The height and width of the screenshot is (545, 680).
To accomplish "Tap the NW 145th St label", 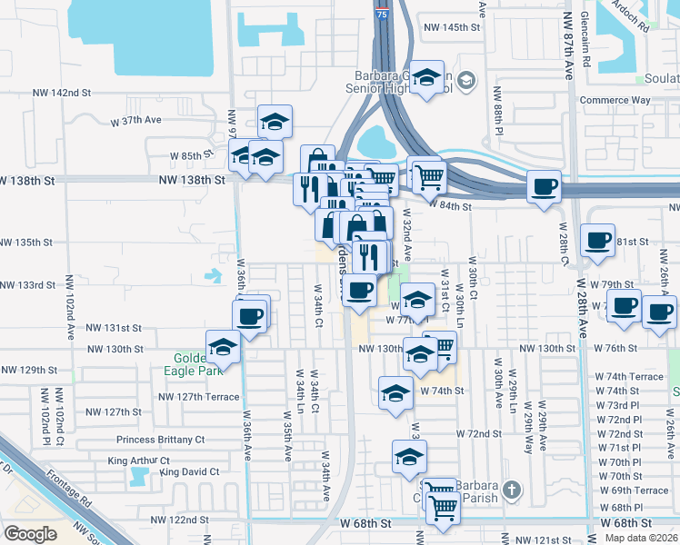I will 451,27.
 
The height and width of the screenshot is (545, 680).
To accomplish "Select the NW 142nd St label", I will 62,93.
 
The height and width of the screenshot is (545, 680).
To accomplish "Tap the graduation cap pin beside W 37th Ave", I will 274,122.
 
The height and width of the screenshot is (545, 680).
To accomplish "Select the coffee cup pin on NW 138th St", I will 544,187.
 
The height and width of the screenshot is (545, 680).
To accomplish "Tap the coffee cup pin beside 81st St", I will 597,240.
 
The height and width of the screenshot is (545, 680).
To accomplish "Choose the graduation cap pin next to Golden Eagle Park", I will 223,347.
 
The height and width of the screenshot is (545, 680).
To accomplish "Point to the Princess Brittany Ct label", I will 161,439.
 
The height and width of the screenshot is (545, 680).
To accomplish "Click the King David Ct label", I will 189,471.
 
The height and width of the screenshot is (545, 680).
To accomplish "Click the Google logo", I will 30,533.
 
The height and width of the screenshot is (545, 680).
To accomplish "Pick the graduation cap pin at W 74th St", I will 395,393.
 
